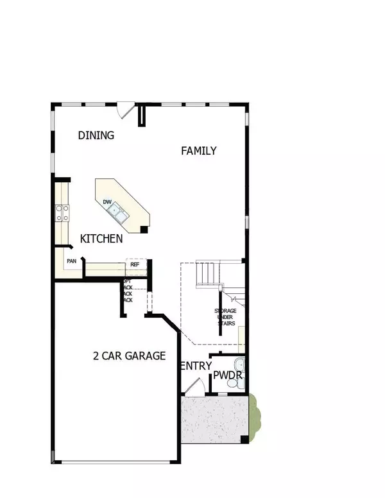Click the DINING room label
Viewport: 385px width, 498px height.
[96, 135]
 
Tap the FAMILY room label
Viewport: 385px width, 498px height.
[198, 151]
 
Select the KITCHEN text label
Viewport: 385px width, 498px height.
[101, 239]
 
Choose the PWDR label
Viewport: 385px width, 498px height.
[227, 374]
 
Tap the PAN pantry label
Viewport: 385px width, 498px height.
[71, 261]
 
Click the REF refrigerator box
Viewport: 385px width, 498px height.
[135, 264]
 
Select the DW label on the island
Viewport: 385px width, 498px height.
[108, 202]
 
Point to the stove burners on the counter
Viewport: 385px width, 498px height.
[62, 212]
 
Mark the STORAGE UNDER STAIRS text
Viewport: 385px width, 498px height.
[225, 317]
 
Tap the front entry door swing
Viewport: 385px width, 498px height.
[194, 386]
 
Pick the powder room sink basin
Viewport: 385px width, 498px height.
[241, 363]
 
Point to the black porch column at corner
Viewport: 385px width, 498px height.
[244, 440]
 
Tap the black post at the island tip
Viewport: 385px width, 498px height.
[144, 228]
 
